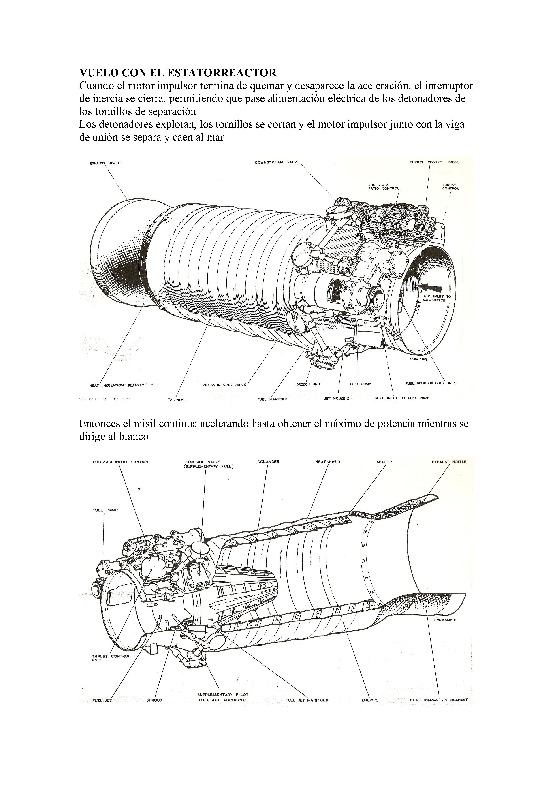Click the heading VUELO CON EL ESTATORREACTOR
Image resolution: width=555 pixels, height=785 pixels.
[178, 73]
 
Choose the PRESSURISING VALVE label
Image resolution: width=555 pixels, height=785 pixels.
[224, 385]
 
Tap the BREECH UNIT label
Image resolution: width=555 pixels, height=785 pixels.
[308, 384]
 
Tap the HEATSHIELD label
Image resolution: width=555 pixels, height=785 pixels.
[328, 462]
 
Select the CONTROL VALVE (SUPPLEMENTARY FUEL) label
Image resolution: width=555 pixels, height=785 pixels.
[209, 464]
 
